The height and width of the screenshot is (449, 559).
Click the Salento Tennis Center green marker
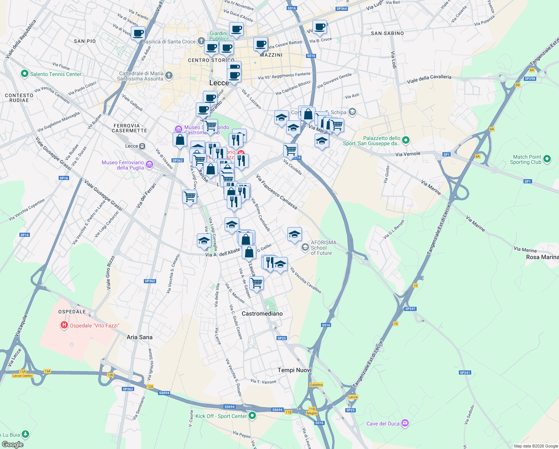point(25,74)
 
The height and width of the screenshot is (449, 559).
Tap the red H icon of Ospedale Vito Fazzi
point(64,326)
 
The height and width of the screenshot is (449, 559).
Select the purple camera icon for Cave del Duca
point(405,423)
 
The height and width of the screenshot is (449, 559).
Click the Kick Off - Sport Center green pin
point(252,415)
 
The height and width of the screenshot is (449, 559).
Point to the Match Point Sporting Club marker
point(547,159)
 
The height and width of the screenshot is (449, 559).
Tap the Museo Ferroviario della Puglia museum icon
point(149,165)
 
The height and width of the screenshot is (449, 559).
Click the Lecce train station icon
point(142,146)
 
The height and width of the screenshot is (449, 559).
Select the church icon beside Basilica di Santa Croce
point(201,41)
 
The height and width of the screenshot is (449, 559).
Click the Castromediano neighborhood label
point(262,314)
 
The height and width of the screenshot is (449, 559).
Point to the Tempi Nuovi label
point(294,370)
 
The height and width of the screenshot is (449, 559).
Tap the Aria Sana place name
point(139,337)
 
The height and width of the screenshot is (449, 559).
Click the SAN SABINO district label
point(387,33)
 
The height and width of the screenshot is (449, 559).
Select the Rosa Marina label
point(542,257)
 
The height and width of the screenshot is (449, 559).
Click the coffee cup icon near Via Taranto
point(138,33)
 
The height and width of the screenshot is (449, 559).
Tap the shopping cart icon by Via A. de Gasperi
point(256,283)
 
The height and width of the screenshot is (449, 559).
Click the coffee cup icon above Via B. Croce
point(319,27)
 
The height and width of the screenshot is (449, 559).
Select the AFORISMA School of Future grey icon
point(305,247)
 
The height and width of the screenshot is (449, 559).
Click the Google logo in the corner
point(12,444)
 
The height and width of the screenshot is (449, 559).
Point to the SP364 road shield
point(342,9)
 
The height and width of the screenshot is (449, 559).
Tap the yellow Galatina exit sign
point(316,385)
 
